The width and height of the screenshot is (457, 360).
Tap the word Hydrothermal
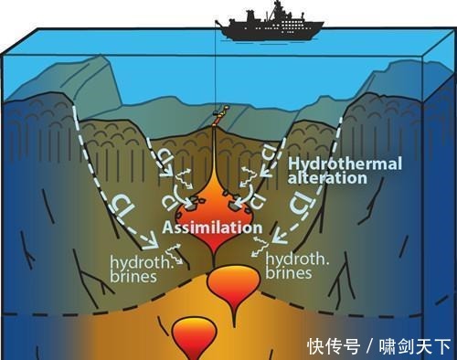(335, 162)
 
